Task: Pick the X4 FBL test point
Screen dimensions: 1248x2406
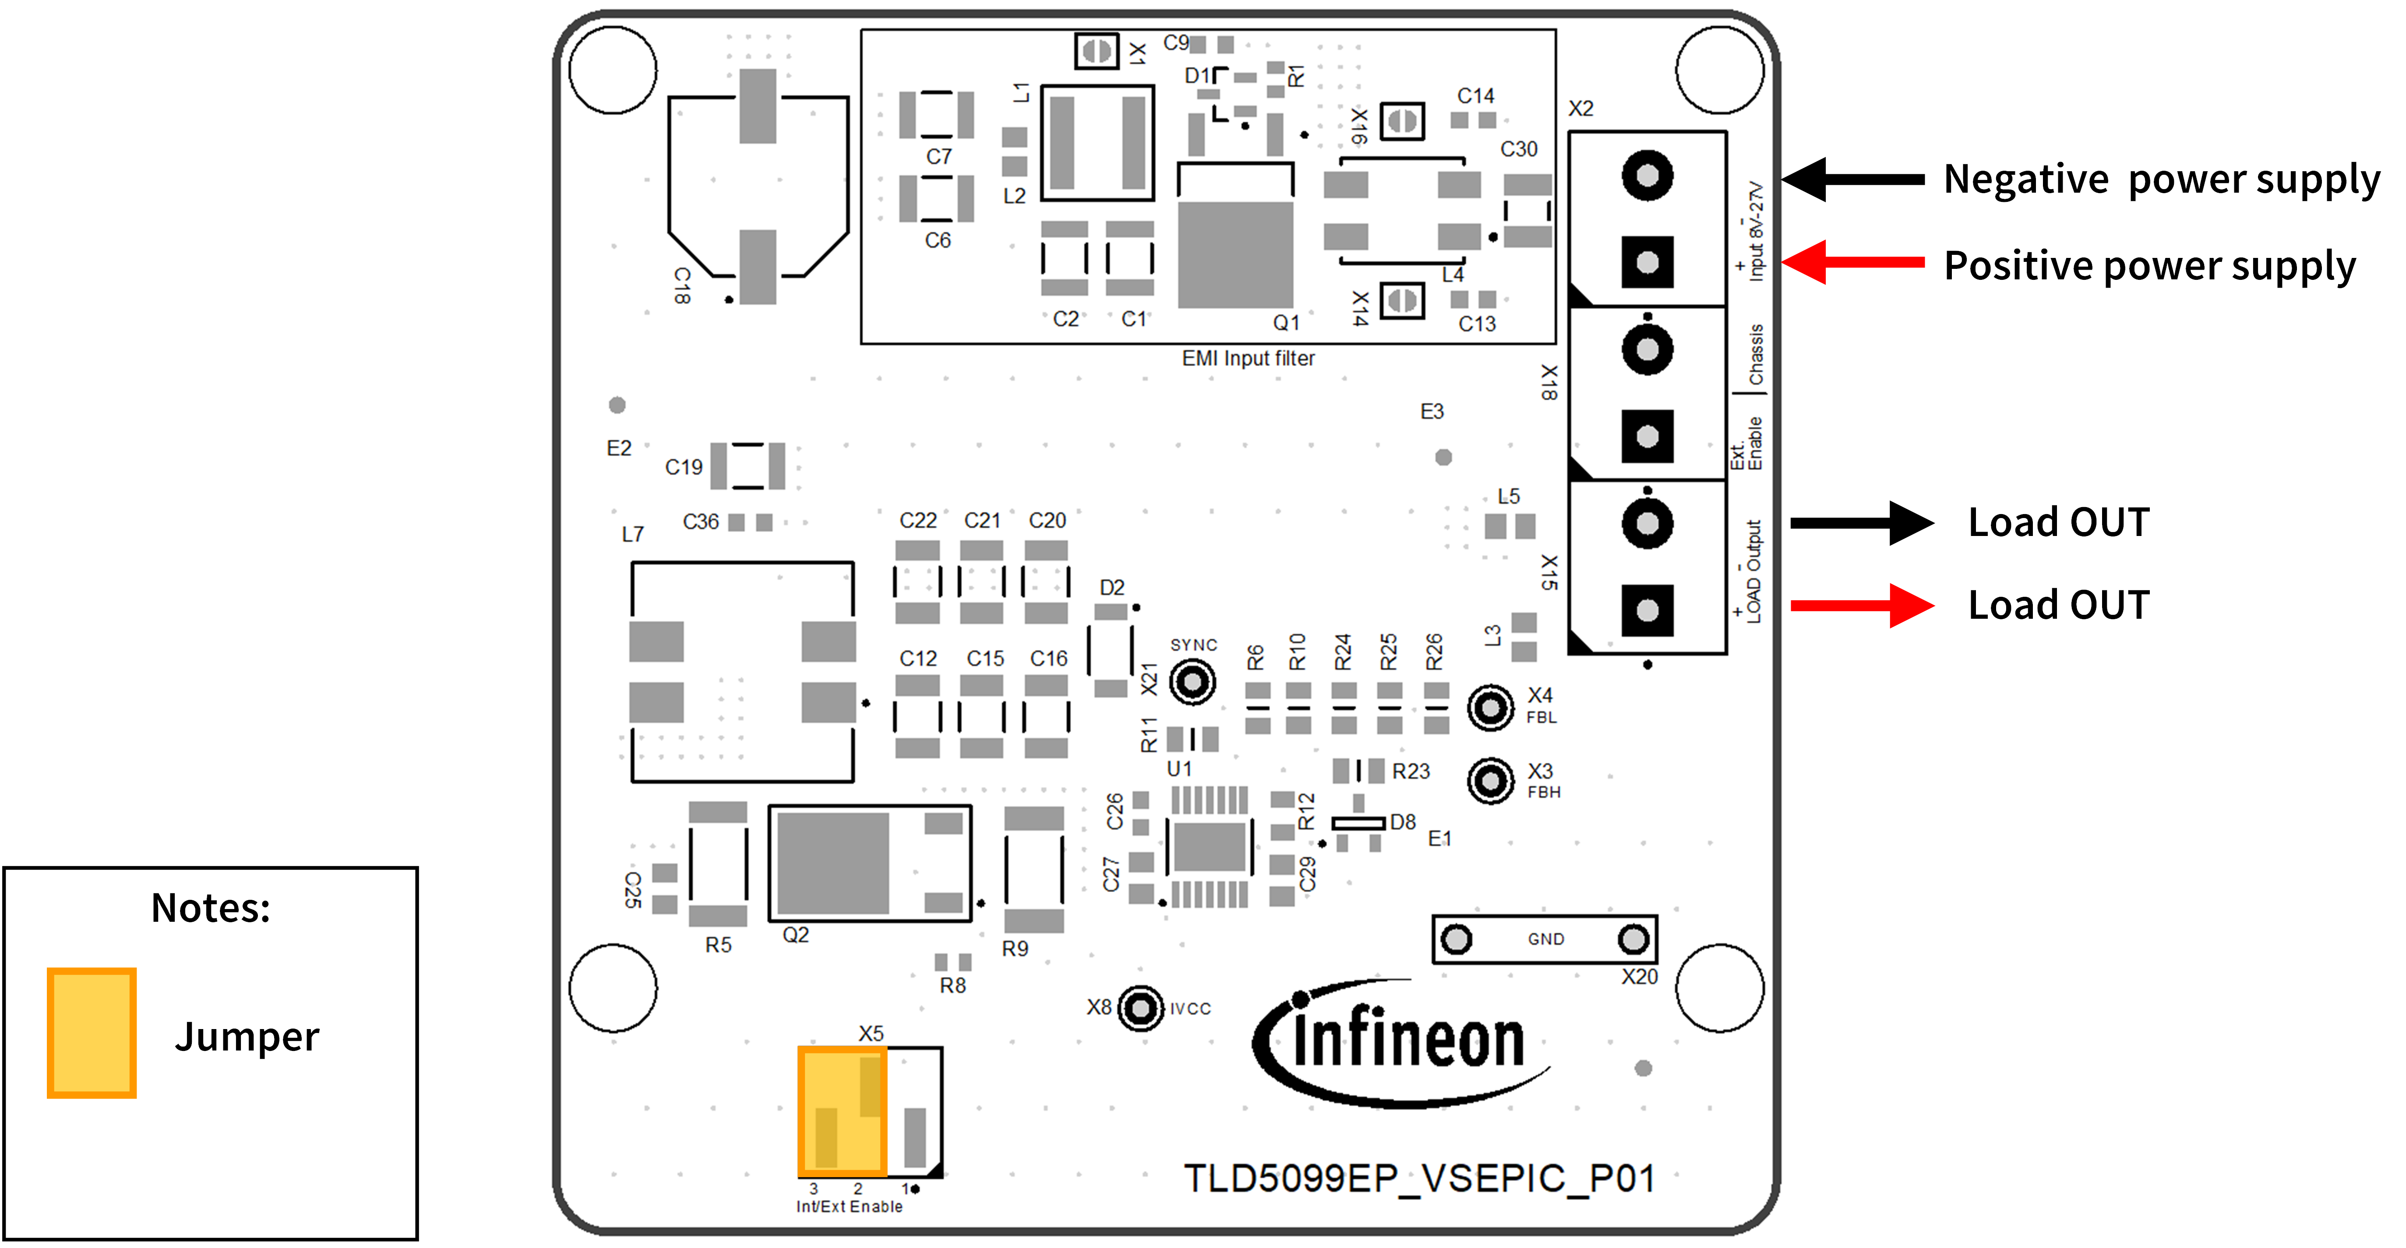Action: coord(1490,708)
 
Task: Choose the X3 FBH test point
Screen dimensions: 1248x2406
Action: coord(1490,781)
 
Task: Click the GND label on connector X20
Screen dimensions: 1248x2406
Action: coord(1546,939)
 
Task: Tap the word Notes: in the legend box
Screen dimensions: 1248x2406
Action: coord(211,908)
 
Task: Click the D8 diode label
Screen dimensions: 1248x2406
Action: coord(1402,822)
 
